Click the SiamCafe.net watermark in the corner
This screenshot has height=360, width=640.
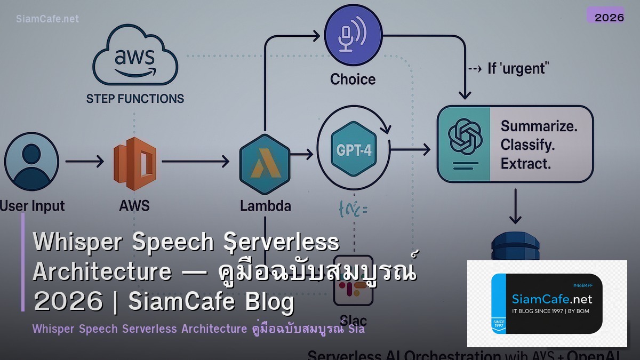47,19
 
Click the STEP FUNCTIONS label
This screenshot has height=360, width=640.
135,99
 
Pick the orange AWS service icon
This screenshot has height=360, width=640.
135,161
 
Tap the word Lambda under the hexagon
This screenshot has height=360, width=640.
265,205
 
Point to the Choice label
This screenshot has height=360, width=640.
353,79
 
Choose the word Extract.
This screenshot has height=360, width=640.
525,163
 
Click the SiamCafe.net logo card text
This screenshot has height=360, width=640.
551,299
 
